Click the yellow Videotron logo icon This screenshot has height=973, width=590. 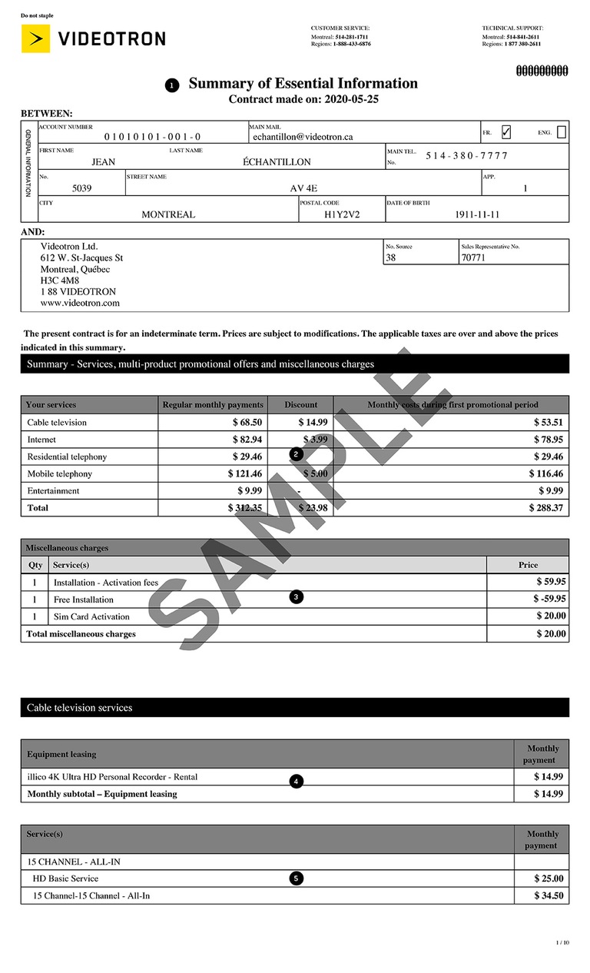pyautogui.click(x=35, y=38)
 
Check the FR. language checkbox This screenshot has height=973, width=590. pyautogui.click(x=505, y=132)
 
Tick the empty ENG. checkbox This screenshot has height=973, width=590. pyautogui.click(x=562, y=132)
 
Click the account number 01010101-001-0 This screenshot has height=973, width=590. pyautogui.click(x=152, y=137)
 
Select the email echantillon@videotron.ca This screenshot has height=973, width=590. pyautogui.click(x=303, y=137)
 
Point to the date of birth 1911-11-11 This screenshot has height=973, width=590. pyautogui.click(x=477, y=215)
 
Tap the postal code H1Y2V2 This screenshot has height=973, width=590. pyautogui.click(x=342, y=215)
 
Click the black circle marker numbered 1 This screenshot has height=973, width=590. pyautogui.click(x=173, y=85)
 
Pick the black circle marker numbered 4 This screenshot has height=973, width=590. pyautogui.click(x=297, y=782)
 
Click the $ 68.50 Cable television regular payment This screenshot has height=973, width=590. pyautogui.click(x=247, y=423)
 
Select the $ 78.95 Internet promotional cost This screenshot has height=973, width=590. pyautogui.click(x=549, y=440)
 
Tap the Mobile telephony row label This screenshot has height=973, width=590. pyautogui.click(x=59, y=474)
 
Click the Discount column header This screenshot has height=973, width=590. pyautogui.click(x=300, y=405)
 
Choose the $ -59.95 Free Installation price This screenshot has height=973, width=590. pyautogui.click(x=549, y=599)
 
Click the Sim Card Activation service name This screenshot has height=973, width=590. pyautogui.click(x=91, y=616)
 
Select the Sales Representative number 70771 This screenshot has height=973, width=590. pyautogui.click(x=473, y=258)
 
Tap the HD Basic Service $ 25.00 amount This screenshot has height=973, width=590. pyautogui.click(x=549, y=878)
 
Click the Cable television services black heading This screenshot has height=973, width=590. pyautogui.click(x=79, y=708)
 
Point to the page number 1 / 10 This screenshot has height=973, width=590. pyautogui.click(x=562, y=943)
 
